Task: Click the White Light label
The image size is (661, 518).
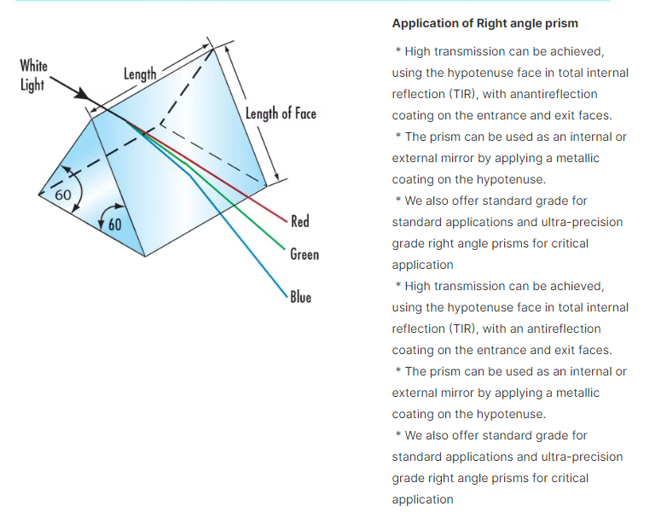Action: pyautogui.click(x=34, y=75)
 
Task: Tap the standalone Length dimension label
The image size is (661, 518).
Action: pyautogui.click(x=140, y=74)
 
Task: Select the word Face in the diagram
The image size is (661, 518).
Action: pyautogui.click(x=304, y=113)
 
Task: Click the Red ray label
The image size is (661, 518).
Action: pyautogui.click(x=299, y=222)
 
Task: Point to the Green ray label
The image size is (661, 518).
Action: pyautogui.click(x=304, y=254)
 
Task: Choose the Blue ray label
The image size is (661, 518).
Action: pyautogui.click(x=300, y=297)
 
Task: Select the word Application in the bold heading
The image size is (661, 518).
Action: pyautogui.click(x=426, y=23)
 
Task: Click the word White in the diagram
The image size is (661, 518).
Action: pyautogui.click(x=34, y=66)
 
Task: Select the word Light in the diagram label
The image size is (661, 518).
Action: pyautogui.click(x=32, y=85)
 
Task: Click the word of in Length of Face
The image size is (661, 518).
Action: pyautogui.click(x=282, y=113)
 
